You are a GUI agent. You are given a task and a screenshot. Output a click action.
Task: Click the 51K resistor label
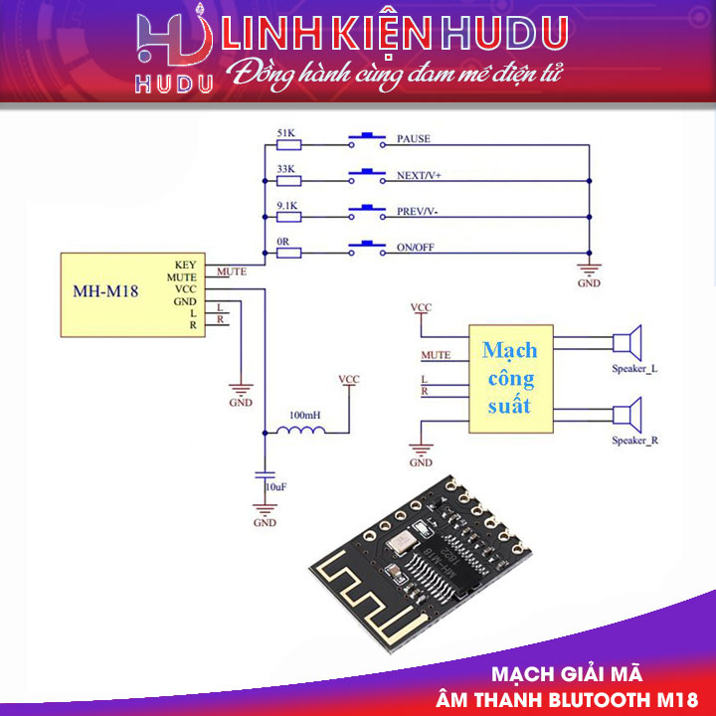tap(285, 131)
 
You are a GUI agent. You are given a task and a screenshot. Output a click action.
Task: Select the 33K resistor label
tap(285, 168)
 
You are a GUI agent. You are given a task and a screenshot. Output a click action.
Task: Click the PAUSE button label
tap(413, 138)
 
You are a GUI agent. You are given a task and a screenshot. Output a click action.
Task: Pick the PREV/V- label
tap(418, 211)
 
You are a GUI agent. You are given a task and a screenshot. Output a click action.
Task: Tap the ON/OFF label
tap(415, 247)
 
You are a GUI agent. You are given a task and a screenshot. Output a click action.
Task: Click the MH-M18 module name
tap(105, 292)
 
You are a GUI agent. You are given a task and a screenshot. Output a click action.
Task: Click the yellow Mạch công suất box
tap(509, 378)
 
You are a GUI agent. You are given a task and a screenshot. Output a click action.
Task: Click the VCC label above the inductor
tap(348, 380)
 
